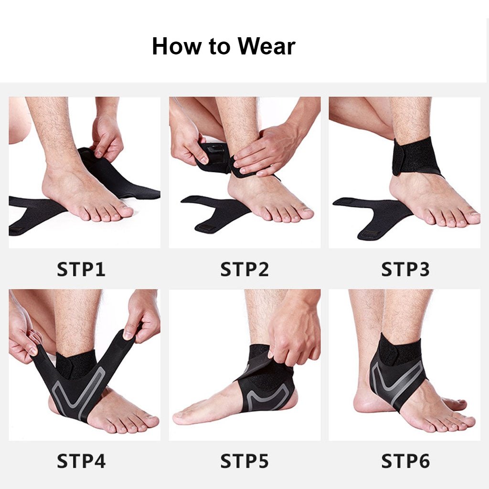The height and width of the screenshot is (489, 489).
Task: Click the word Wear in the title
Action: (266, 46)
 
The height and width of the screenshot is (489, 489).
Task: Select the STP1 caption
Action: (81, 269)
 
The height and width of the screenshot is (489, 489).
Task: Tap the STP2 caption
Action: (244, 269)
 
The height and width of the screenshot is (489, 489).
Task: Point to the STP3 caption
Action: (405, 269)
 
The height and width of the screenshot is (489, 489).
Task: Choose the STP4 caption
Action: (81, 461)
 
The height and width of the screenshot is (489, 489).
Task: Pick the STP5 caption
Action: (244, 461)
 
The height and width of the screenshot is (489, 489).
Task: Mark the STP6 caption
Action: (405, 461)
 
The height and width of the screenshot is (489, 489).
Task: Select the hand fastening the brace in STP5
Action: (293, 330)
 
